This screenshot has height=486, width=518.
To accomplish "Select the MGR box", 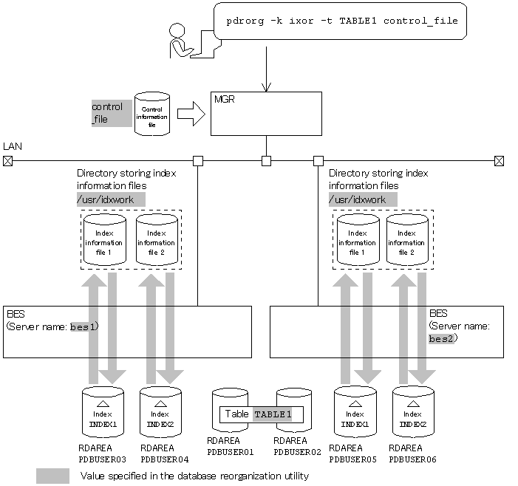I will (266, 113).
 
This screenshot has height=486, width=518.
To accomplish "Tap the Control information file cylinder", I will (152, 114).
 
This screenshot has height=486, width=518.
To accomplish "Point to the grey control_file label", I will (111, 113).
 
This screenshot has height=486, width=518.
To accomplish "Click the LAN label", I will (12, 147).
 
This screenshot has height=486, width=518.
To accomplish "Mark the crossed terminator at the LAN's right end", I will (500, 160).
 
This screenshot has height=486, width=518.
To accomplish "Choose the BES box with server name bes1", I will (127, 332).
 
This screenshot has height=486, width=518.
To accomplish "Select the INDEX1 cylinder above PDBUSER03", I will (103, 411).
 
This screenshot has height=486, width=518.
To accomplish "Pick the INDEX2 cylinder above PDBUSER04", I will (160, 411).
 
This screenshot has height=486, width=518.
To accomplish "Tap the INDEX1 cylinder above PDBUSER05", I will (355, 411).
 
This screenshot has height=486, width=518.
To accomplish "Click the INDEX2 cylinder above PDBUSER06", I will (413, 411).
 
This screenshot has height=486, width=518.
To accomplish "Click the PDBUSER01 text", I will (230, 451).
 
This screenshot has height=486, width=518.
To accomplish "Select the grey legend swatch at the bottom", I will (52, 476).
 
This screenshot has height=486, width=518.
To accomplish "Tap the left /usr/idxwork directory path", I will (111, 199).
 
